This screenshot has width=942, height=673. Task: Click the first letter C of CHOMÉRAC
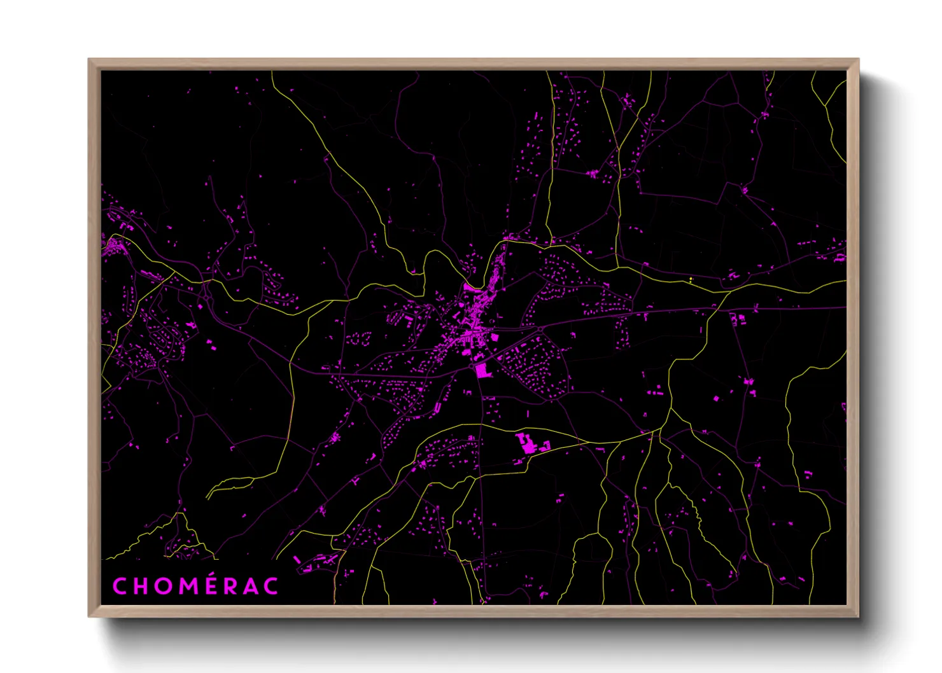(120, 586)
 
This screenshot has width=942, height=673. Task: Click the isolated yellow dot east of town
(691, 279)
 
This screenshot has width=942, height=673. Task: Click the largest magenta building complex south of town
(528, 443)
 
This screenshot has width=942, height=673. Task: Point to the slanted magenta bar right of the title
(297, 559)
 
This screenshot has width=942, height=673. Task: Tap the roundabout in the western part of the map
(206, 296)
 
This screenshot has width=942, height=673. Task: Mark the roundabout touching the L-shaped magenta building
(473, 365)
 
